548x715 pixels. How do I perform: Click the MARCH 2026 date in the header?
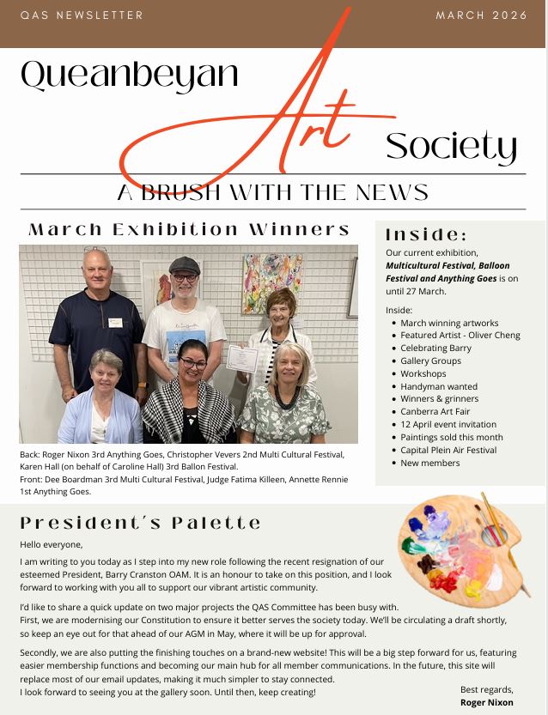pos(481,15)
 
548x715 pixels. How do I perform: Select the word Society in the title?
pos(451,147)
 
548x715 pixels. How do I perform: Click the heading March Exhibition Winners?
pos(189,230)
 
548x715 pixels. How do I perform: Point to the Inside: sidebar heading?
pos(426,234)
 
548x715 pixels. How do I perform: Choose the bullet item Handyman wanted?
pos(439,386)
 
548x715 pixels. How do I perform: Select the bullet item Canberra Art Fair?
pos(441,411)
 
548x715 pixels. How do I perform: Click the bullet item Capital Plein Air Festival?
pos(448,450)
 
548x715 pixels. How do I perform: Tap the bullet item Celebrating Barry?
pos(435,348)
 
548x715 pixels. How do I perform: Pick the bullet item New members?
pos(429,463)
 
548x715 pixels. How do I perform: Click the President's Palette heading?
pos(140,523)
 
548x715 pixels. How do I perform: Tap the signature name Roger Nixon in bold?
pos(486,702)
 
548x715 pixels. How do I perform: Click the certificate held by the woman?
pos(241,358)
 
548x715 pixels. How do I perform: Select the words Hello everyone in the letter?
pos(52,544)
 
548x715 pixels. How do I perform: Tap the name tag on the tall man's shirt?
pos(115,323)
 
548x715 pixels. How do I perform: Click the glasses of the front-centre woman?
pos(192,362)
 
